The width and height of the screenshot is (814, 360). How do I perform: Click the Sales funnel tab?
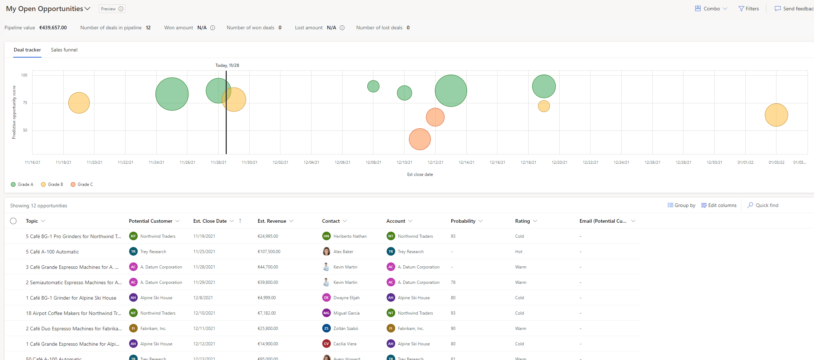pyautogui.click(x=64, y=50)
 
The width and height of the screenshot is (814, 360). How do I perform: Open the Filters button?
pyautogui.click(x=749, y=9)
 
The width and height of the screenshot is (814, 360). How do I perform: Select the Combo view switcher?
pyautogui.click(x=711, y=9)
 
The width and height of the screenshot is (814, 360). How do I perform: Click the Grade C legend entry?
pyautogui.click(x=82, y=184)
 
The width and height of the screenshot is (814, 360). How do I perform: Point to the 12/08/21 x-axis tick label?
pyautogui.click(x=373, y=162)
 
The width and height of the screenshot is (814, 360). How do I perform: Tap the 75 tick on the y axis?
pyautogui.click(x=25, y=103)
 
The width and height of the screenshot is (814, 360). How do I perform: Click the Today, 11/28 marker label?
pyautogui.click(x=227, y=65)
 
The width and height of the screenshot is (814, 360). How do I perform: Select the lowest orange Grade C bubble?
pyautogui.click(x=420, y=139)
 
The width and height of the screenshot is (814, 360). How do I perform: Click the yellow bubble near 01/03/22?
pyautogui.click(x=776, y=115)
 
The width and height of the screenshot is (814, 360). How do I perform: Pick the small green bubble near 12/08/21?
pyautogui.click(x=373, y=86)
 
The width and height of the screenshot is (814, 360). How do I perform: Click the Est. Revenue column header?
pyautogui.click(x=272, y=221)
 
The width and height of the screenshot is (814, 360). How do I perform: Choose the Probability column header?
pyautogui.click(x=463, y=221)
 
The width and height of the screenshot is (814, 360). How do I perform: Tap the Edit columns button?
pyautogui.click(x=719, y=205)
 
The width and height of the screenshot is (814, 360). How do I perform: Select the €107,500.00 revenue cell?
pyautogui.click(x=269, y=252)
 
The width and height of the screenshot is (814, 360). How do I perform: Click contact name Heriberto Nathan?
pyautogui.click(x=350, y=236)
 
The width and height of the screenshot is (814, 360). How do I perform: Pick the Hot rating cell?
pyautogui.click(x=519, y=252)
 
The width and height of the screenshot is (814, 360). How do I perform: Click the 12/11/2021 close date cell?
pyautogui.click(x=204, y=329)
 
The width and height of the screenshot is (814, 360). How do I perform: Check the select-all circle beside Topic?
pyautogui.click(x=13, y=221)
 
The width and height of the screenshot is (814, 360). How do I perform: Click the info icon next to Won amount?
pyautogui.click(x=212, y=28)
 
